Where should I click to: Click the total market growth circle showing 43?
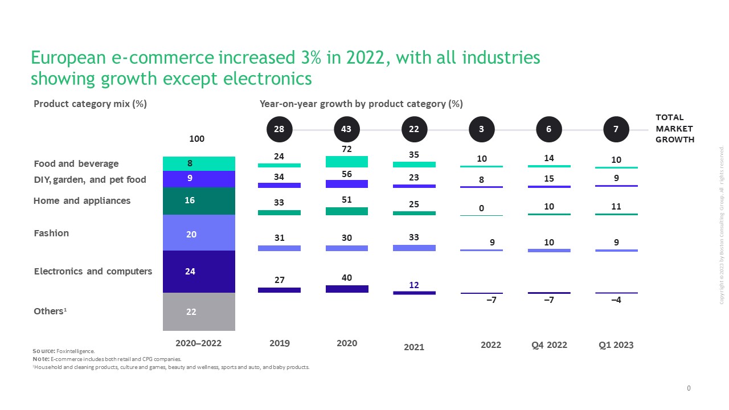(346, 129)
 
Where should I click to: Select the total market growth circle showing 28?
(279, 129)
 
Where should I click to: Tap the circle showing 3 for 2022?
(481, 129)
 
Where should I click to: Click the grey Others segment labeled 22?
(199, 311)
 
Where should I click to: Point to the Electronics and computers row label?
(93, 271)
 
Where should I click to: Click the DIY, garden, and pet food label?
(90, 180)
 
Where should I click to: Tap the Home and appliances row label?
(82, 200)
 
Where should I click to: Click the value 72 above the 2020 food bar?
(346, 149)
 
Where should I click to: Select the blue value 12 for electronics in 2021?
(414, 285)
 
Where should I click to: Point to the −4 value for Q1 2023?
(616, 300)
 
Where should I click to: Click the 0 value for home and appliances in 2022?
(481, 208)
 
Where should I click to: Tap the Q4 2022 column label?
(548, 345)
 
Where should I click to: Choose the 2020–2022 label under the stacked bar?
(198, 343)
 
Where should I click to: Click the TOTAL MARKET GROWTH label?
(675, 129)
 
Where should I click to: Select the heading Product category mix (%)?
(91, 104)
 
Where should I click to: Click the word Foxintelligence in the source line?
(76, 351)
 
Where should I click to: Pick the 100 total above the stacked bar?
(196, 139)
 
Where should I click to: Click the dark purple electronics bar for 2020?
(347, 289)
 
